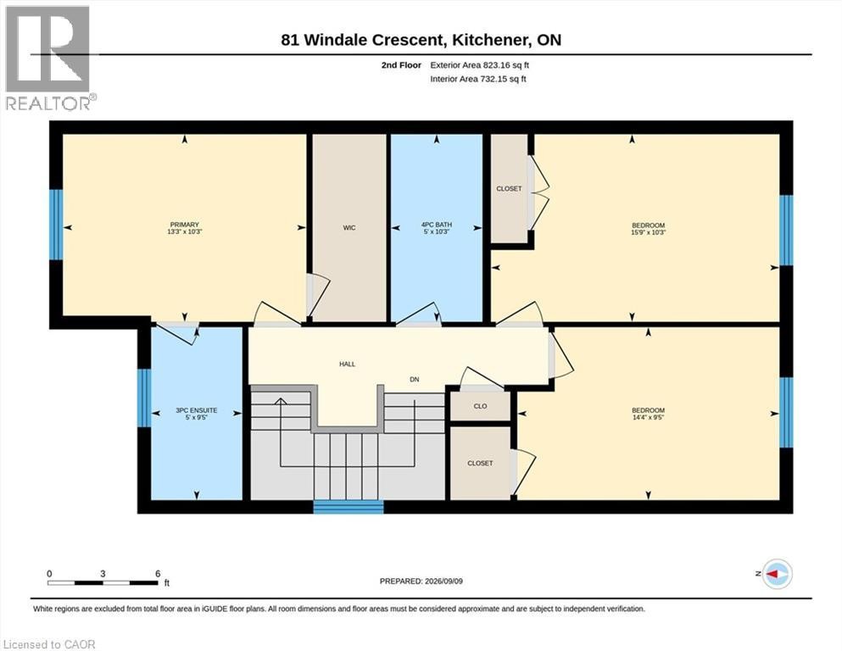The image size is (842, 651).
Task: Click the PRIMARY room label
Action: click(185, 225)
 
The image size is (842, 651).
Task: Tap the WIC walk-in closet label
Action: click(349, 227)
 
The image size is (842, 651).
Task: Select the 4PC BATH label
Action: click(436, 225)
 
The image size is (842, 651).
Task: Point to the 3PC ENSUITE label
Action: click(196, 410)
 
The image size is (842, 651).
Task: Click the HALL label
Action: click(347, 364)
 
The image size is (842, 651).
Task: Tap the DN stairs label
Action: click(414, 380)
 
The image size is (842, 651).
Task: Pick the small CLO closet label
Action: click(480, 406)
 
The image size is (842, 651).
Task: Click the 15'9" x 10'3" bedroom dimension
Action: click(648, 232)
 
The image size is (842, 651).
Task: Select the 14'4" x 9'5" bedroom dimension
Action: click(648, 417)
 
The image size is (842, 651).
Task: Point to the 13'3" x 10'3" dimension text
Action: click(185, 231)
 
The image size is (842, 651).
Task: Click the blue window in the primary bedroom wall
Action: click(56, 225)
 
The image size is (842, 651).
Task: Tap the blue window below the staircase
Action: click(349, 507)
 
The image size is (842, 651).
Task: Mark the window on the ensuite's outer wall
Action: click(144, 398)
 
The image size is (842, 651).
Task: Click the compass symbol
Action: click(777, 574)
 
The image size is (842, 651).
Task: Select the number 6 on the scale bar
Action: click(158, 573)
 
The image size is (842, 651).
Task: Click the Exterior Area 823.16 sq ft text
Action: click(480, 65)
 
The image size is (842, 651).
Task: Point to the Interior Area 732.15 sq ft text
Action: click(478, 79)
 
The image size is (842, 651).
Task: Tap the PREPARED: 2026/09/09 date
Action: click(421, 581)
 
